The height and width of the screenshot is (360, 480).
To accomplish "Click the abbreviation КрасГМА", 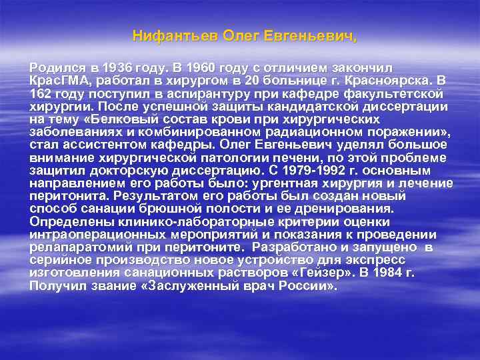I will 58,81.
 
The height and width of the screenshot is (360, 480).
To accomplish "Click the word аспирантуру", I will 205,94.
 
